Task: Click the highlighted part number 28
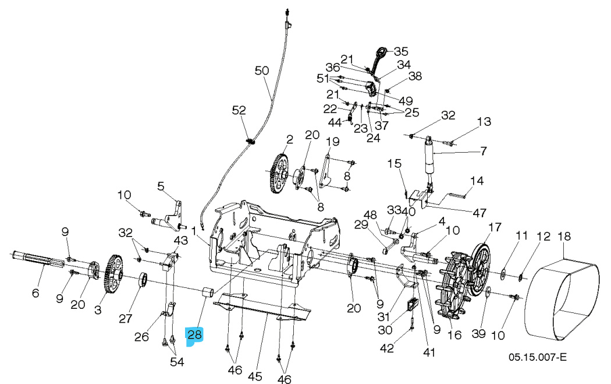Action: [x=194, y=335]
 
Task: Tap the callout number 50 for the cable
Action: [x=262, y=71]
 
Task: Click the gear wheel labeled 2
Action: [x=280, y=173]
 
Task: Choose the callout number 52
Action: [x=239, y=110]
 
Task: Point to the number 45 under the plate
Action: [x=255, y=376]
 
